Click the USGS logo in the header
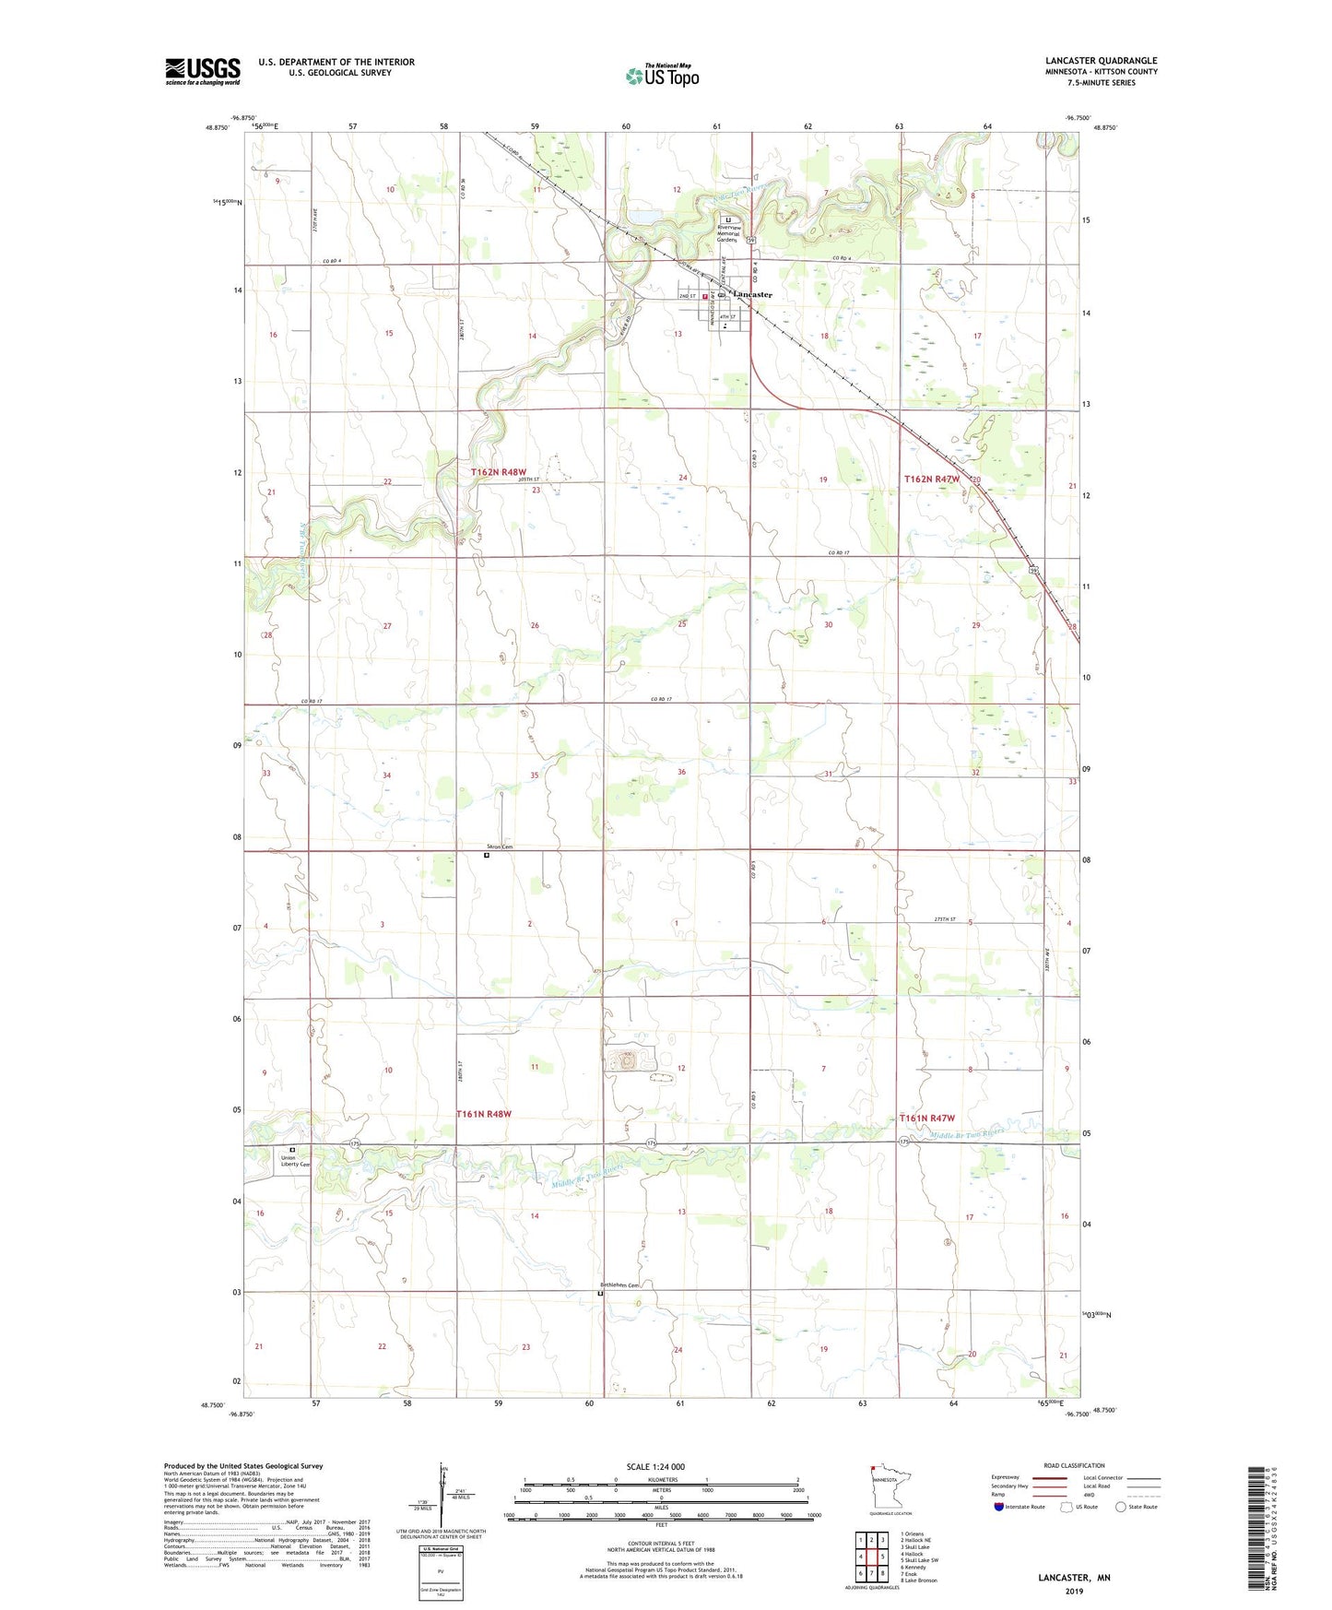(x=203, y=71)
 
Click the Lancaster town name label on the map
(x=752, y=294)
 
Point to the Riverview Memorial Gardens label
(x=728, y=234)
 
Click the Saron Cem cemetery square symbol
(x=488, y=855)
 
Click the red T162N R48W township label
(x=499, y=472)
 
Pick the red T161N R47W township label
(x=926, y=1118)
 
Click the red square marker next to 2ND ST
(x=705, y=297)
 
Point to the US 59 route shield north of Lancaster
(x=752, y=241)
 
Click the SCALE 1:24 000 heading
(x=655, y=1466)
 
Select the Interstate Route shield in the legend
(x=1000, y=1507)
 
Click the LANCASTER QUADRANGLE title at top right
(x=1101, y=60)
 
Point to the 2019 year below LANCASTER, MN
(x=1074, y=1591)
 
